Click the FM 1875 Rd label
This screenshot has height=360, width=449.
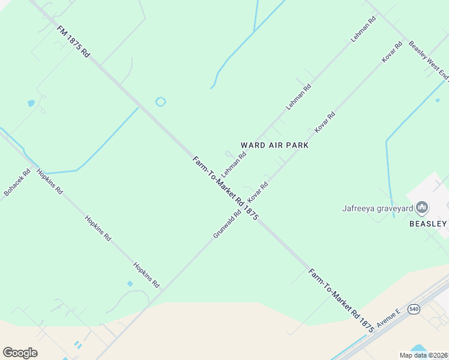[73, 41]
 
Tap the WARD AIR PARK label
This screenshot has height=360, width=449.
[274, 145]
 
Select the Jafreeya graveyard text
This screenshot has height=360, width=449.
[378, 209]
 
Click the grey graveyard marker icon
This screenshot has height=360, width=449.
[423, 208]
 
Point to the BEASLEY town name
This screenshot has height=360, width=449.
[428, 223]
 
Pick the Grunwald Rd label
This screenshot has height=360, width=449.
[227, 223]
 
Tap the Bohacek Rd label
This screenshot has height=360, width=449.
[17, 182]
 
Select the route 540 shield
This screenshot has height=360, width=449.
[414, 308]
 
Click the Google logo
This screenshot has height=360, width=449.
[20, 353]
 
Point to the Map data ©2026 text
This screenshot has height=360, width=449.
[423, 355]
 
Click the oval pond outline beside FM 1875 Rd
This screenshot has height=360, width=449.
[160, 102]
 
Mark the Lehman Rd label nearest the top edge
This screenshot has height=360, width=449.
[363, 28]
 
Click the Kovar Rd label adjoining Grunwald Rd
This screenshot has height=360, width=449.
[258, 191]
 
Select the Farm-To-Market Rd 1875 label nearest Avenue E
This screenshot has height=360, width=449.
[342, 300]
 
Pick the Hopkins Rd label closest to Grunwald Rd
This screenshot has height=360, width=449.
[146, 274]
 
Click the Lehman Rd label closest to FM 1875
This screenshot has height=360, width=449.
[234, 163]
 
